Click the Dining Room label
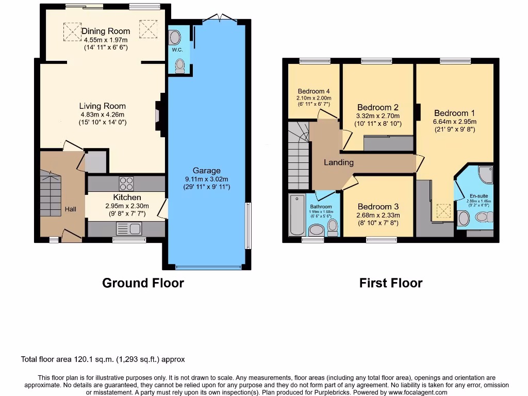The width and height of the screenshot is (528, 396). point(106,31)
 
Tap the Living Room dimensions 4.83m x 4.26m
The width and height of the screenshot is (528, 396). point(102,114)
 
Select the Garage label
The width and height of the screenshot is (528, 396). point(206,171)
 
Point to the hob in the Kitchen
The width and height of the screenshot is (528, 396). point(126,183)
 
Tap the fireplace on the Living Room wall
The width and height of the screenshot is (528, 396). point(159,114)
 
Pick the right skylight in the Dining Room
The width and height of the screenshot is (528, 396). point(148,28)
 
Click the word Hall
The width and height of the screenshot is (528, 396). point(71,209)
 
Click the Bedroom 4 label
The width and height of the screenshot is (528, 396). point(313,91)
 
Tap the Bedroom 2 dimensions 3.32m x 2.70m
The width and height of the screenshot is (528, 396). point(378,116)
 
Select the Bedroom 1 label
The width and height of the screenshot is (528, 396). point(454,113)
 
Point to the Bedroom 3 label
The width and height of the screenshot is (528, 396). point(378,206)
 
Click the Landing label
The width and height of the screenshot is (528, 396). point(339,162)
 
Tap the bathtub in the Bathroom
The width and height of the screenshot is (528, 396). point(298,214)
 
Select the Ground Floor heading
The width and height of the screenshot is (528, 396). point(143,283)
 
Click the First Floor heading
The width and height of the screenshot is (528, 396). point(391,283)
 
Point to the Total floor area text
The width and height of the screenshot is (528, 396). point(103,359)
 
